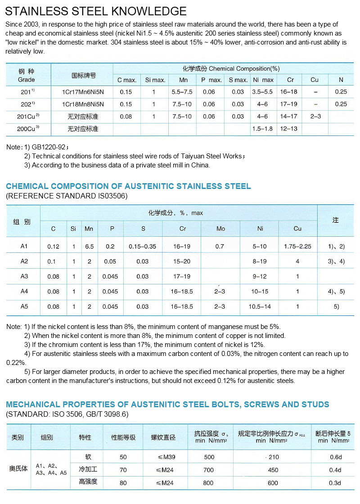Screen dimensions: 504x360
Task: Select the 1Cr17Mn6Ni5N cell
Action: tap(83, 92)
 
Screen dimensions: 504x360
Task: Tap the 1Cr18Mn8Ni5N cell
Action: tap(83, 104)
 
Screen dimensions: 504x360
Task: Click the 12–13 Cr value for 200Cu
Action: tap(291, 129)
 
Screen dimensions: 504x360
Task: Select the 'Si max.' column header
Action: tap(155, 80)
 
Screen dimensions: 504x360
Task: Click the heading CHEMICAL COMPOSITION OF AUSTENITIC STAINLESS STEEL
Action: tap(128, 186)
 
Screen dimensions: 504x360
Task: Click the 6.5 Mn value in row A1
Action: tap(89, 247)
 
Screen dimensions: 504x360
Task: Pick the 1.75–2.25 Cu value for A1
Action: tap(297, 247)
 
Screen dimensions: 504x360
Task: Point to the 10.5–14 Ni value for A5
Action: tap(260, 306)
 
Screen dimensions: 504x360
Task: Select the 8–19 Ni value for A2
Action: tap(260, 261)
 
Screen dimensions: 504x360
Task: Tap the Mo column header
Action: tap(220, 229)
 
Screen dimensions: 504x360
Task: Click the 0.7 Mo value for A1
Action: tap(220, 247)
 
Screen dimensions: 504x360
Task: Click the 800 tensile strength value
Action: tap(209, 483)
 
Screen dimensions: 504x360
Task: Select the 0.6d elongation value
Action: tap(335, 457)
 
